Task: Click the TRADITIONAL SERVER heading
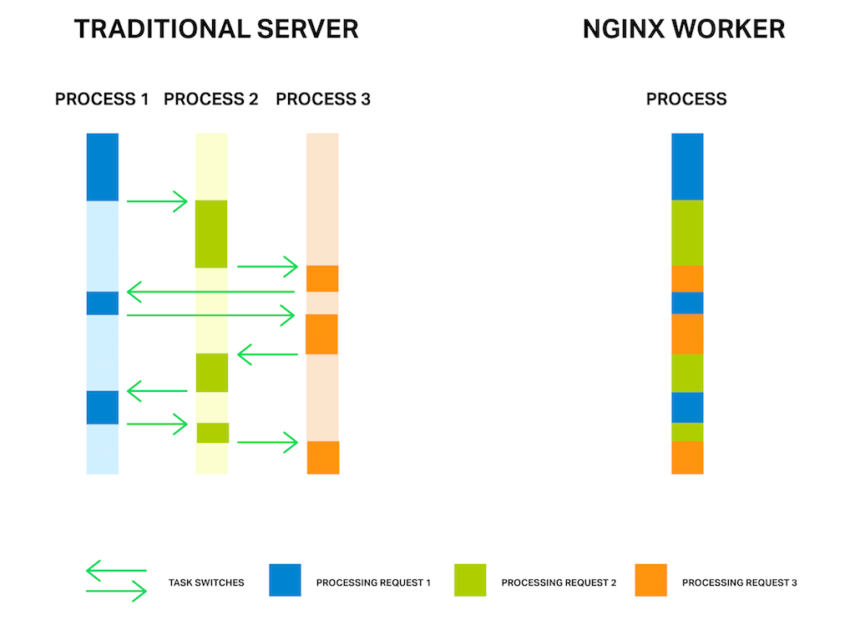(x=216, y=29)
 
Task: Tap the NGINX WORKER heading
(x=684, y=29)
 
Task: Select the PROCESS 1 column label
(x=102, y=99)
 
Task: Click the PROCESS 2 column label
(x=211, y=99)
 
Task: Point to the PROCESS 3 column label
(x=323, y=99)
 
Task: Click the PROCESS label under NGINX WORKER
(x=686, y=99)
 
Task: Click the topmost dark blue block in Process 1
(x=103, y=167)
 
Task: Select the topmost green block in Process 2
(x=211, y=234)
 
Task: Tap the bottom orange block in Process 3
(x=323, y=457)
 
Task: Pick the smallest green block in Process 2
(x=213, y=433)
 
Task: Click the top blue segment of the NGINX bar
(x=687, y=166)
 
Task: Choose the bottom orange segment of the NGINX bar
(x=687, y=457)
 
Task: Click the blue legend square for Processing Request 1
(x=286, y=580)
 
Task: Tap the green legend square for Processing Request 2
(x=470, y=580)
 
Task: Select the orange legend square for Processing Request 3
(x=651, y=580)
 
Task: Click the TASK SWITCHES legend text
(x=206, y=582)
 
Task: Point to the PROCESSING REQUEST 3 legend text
(x=740, y=582)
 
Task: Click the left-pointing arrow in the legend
(x=116, y=571)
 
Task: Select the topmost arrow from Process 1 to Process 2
(x=157, y=201)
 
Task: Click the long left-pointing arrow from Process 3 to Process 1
(x=210, y=292)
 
